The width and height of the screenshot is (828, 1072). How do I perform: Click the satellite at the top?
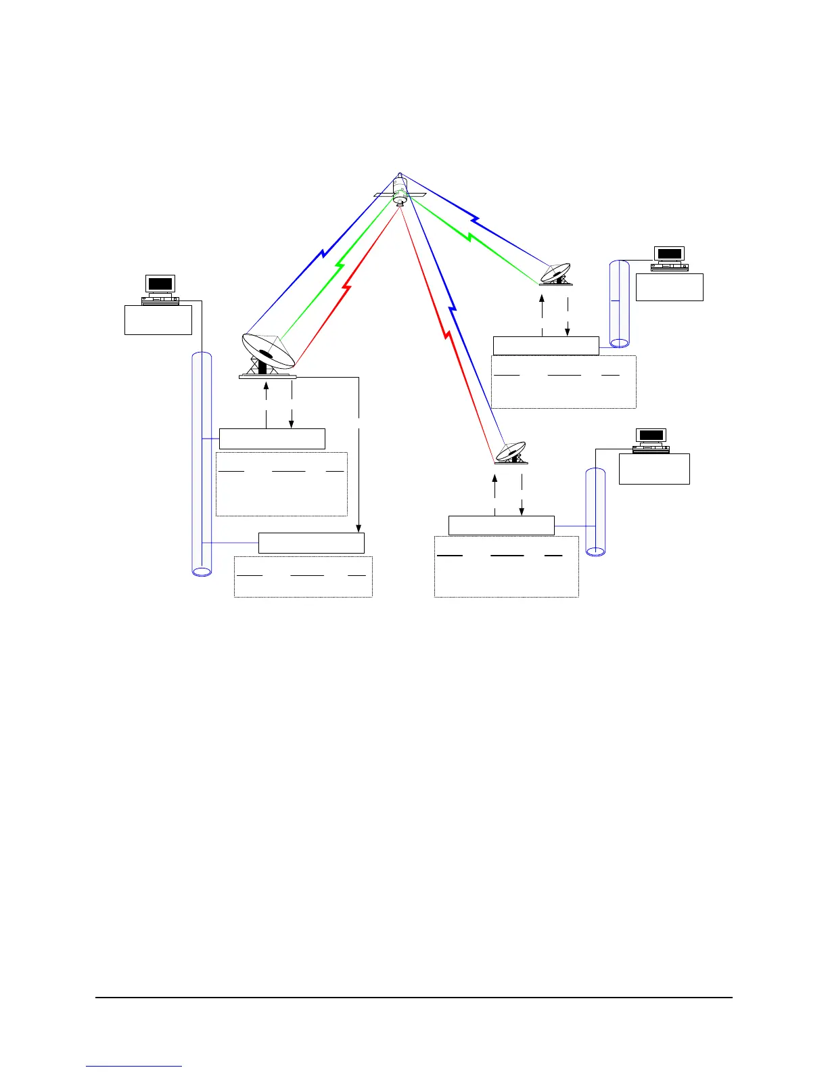click(x=400, y=191)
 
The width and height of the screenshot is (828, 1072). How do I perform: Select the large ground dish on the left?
click(x=268, y=354)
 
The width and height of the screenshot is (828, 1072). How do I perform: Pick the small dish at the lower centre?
click(x=511, y=453)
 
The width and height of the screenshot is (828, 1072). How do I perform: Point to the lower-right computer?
click(x=651, y=441)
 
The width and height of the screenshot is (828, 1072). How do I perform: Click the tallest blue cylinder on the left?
click(x=202, y=464)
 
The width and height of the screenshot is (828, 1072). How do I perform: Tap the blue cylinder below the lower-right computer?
click(x=595, y=512)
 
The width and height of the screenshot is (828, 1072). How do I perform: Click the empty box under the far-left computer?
click(x=158, y=319)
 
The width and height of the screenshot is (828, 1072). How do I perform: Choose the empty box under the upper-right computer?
click(x=669, y=287)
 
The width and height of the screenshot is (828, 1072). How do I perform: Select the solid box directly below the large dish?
click(x=272, y=439)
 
